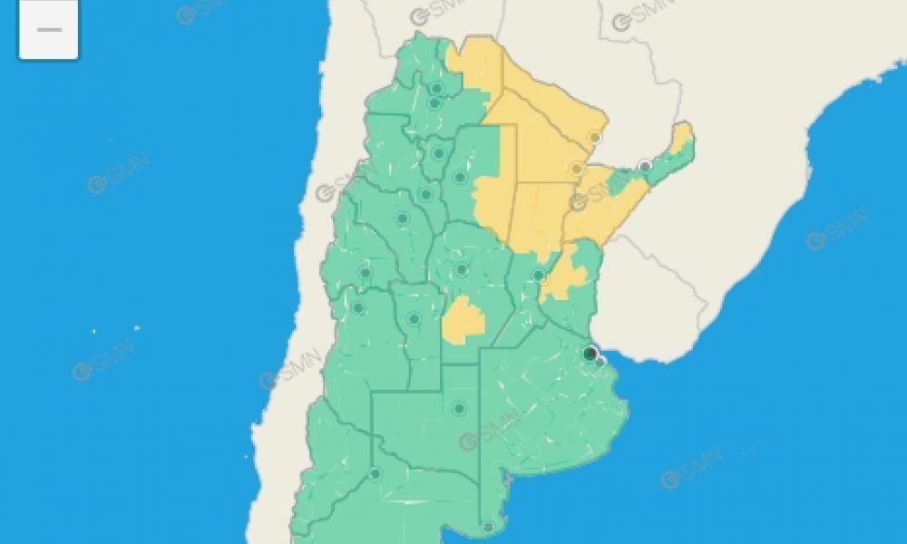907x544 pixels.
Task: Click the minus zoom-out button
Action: (x=48, y=29)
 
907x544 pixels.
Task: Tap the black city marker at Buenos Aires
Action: (x=590, y=353)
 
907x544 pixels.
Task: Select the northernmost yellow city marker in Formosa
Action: (x=595, y=137)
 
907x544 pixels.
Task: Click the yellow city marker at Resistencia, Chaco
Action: (x=576, y=169)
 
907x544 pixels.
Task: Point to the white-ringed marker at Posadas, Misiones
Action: (x=645, y=167)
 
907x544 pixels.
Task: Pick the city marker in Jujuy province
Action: (x=436, y=88)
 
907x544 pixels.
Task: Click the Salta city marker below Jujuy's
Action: (x=434, y=102)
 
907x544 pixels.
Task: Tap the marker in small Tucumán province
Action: (x=439, y=152)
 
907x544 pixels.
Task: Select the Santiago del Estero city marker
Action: (x=459, y=177)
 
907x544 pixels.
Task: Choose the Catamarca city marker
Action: (x=424, y=193)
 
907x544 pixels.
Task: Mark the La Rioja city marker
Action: (x=402, y=219)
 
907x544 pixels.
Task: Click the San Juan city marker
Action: (x=366, y=272)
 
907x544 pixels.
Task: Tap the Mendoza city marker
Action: (x=358, y=307)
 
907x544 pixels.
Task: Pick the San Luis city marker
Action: (x=414, y=318)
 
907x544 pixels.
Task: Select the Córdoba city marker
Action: (x=461, y=269)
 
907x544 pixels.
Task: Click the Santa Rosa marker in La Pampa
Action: (x=459, y=408)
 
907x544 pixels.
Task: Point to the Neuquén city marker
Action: (x=375, y=472)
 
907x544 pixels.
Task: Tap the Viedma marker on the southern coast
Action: (x=488, y=527)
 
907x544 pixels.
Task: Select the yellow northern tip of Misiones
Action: (x=682, y=138)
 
